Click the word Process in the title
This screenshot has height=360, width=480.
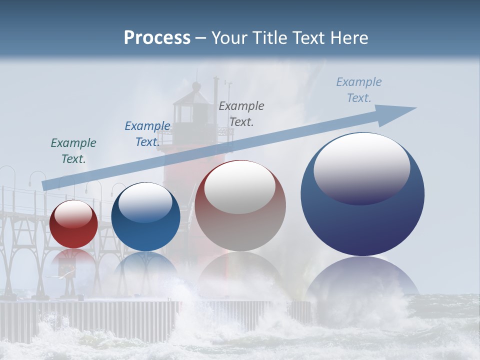[157, 38]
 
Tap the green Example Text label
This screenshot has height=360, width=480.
[73, 150]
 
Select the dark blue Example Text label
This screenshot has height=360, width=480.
[147, 133]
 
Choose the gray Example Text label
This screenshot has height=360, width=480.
[241, 113]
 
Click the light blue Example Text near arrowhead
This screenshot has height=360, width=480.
[358, 89]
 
